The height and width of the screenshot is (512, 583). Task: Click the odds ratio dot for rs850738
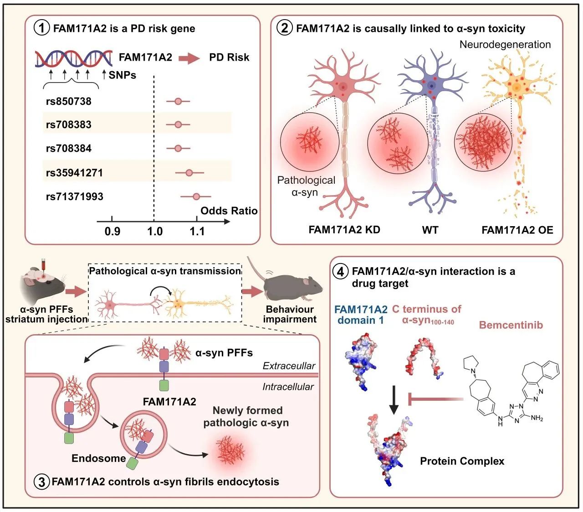(178, 101)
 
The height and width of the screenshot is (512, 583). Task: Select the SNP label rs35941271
(74, 173)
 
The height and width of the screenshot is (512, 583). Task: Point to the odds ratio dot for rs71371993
(196, 197)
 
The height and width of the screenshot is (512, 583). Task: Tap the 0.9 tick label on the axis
(113, 232)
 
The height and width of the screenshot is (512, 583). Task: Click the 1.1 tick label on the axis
(197, 232)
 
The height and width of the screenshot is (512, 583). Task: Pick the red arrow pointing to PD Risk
(189, 58)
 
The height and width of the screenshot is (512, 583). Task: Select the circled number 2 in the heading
(285, 28)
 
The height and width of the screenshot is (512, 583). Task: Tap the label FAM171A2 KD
(344, 229)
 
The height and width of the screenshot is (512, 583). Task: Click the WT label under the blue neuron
(430, 230)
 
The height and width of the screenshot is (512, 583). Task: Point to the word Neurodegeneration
(505, 44)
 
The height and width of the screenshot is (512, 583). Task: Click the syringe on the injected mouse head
(44, 265)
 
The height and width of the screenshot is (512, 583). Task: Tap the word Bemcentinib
(511, 325)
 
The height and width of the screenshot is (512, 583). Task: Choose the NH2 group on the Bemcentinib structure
(537, 418)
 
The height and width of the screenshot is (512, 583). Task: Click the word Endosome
(98, 458)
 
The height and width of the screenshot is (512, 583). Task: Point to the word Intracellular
(288, 387)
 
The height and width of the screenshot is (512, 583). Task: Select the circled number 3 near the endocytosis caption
(42, 482)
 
